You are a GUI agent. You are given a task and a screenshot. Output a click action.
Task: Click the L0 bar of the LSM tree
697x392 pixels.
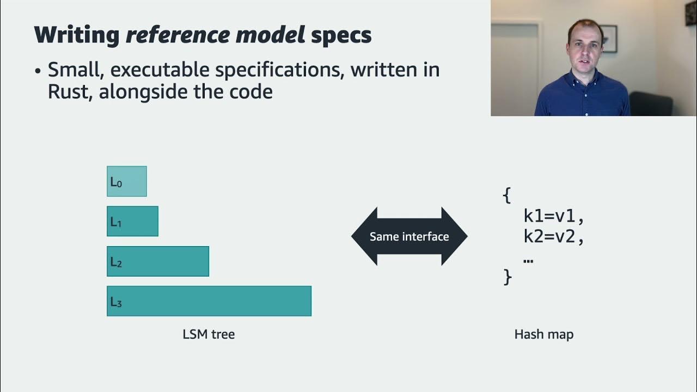(x=127, y=181)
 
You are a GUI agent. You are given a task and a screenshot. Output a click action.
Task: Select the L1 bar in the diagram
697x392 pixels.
(x=132, y=221)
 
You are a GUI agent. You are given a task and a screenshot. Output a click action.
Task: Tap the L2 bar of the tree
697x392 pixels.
(x=158, y=261)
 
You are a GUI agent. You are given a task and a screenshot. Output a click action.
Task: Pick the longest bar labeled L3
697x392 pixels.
(x=209, y=301)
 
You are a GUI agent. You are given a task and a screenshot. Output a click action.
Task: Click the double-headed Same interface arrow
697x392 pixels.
(x=409, y=236)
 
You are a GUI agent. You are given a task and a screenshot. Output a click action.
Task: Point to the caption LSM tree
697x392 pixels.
(x=209, y=334)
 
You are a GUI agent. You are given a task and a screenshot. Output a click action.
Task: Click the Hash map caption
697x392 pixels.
(x=543, y=334)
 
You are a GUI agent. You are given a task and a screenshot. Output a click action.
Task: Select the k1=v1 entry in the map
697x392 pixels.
(x=553, y=216)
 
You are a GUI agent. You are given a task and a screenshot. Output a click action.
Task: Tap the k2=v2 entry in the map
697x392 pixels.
(x=553, y=237)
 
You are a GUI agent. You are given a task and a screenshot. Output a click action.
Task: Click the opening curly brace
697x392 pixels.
(x=507, y=195)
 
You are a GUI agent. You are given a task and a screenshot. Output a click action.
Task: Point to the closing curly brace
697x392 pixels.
(x=508, y=277)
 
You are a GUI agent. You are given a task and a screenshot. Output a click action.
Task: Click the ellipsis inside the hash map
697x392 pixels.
(x=528, y=260)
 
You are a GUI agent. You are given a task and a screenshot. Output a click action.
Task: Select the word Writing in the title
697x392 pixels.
(x=77, y=35)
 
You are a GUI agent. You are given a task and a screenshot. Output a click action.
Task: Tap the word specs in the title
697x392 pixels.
(x=341, y=35)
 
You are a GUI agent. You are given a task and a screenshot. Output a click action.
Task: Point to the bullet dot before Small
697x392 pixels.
(x=38, y=71)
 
